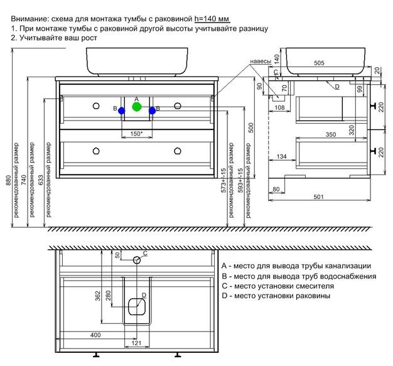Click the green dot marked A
pos(137,107)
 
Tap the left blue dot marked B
pos(122,110)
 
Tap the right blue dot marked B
pos(152,110)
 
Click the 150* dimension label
pos(136,133)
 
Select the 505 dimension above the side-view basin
pos(318,63)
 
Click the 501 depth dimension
pos(318,198)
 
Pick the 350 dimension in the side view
pos(322,134)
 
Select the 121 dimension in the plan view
pos(135,343)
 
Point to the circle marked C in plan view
pos(136,259)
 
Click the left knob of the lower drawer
pos(96,150)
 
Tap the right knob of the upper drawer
pos(178,104)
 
